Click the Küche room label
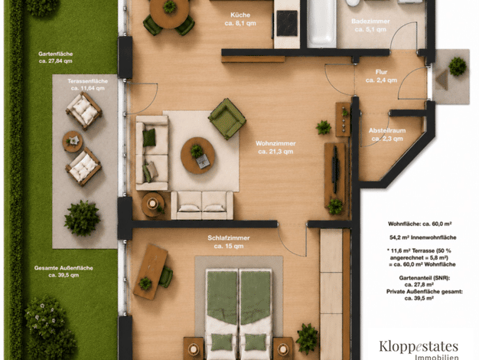pyautogui.click(x=240, y=19)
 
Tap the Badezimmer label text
pyautogui.click(x=370, y=25)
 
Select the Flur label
pyautogui.click(x=381, y=76)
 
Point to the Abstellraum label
pyautogui.click(x=387, y=135)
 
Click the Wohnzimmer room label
pyautogui.click(x=275, y=147)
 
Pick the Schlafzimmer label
pyautogui.click(x=229, y=242)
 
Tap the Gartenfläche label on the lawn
pyautogui.click(x=56, y=57)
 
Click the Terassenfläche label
pyautogui.click(x=88, y=84)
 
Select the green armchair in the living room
pyautogui.click(x=227, y=119)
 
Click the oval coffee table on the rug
pyautogui.click(x=197, y=155)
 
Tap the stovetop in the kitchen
pyautogui.click(x=287, y=23)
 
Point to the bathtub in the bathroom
pyautogui.click(x=321, y=22)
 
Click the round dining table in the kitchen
pyautogui.click(x=169, y=13)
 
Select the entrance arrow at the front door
pyautogui.click(x=442, y=80)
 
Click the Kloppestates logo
pyautogui.click(x=419, y=349)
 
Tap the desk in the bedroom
pyautogui.click(x=150, y=272)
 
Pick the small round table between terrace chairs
pyautogui.click(x=73, y=142)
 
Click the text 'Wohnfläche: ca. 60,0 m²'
pyautogui.click(x=420, y=224)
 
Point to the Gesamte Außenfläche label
pyautogui.click(x=64, y=271)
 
